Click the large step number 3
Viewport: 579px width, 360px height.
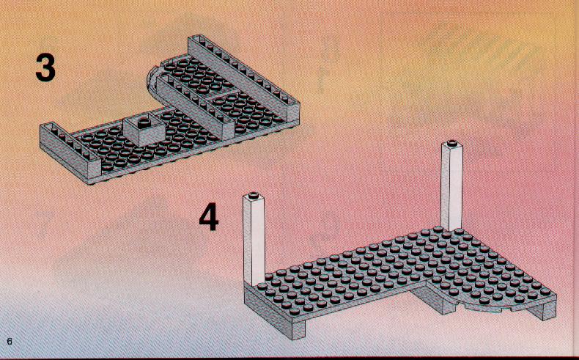(x=45, y=67)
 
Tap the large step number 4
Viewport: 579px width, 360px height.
(x=209, y=218)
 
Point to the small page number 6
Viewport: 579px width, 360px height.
(x=10, y=341)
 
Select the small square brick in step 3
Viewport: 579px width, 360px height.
(x=144, y=131)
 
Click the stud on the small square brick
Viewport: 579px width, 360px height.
(x=144, y=121)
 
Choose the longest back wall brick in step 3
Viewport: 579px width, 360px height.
(x=244, y=77)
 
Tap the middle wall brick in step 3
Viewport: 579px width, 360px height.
(x=196, y=106)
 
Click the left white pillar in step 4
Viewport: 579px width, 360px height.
(x=254, y=240)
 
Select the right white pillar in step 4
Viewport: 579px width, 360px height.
(x=451, y=186)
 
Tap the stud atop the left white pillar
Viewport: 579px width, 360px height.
(x=254, y=195)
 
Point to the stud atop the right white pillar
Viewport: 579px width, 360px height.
(x=452, y=143)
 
